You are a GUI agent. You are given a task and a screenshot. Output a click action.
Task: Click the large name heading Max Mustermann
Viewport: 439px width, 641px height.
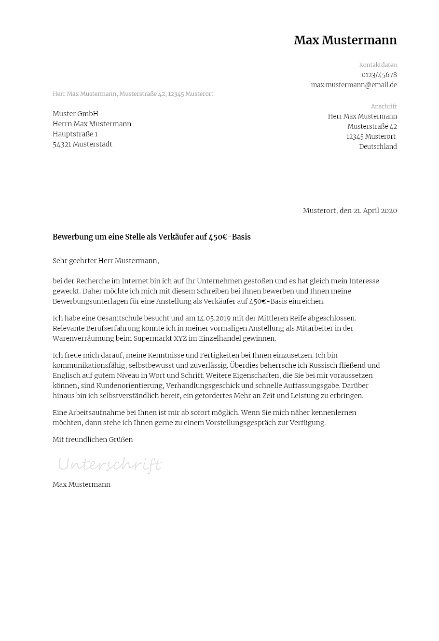[345, 40]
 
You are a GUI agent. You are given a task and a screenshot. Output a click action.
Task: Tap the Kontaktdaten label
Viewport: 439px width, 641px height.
[378, 65]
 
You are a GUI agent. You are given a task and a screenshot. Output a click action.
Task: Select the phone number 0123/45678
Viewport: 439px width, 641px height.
[379, 75]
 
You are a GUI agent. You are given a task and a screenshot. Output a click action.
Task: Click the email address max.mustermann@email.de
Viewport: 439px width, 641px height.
[354, 85]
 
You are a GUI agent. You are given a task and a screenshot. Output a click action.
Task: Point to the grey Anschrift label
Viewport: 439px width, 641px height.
[384, 107]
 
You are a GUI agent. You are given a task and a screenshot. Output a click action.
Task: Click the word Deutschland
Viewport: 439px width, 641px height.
[378, 147]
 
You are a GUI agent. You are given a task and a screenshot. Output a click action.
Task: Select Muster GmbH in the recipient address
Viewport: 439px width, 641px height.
[75, 114]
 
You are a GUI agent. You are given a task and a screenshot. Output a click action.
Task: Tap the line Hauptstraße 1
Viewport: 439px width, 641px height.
[75, 134]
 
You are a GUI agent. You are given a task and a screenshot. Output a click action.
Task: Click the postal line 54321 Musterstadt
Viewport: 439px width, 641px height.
[82, 144]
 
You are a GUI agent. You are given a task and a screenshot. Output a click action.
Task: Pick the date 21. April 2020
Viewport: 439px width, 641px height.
[375, 211]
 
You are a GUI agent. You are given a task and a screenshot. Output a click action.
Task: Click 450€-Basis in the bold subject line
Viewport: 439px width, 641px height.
[230, 237]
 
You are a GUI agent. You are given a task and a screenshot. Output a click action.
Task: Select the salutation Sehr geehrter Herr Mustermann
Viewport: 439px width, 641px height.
[105, 261]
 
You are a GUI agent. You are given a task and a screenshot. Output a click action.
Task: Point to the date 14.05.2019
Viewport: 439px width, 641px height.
[215, 318]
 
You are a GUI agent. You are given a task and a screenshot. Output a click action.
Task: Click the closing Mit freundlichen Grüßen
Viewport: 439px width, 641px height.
[93, 440]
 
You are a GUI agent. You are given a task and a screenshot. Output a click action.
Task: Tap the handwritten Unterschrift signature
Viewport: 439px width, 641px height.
[110, 465]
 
